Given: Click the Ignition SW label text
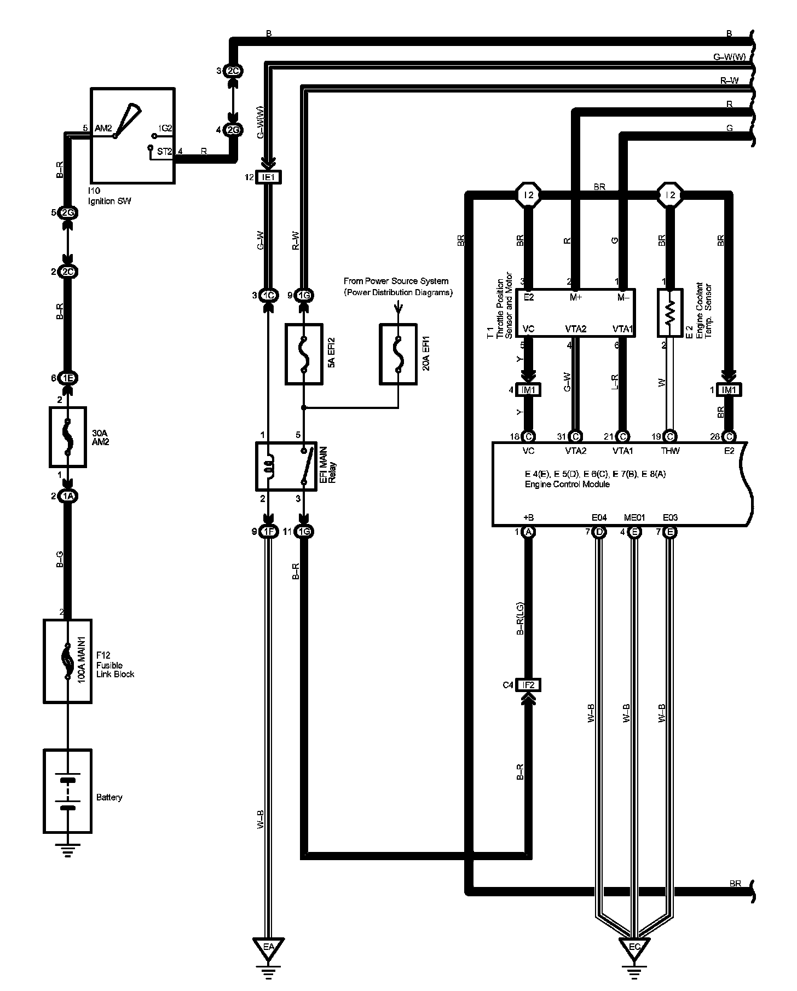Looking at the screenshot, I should pos(109,201).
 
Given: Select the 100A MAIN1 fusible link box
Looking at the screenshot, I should pos(67,661).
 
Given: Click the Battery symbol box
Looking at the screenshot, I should pos(67,791).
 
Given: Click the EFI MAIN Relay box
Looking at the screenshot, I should pos(286,466).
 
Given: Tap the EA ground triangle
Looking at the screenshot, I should pos(268,948).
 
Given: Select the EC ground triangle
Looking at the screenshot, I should pos(634,948).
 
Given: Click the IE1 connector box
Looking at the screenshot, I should pos(268,178).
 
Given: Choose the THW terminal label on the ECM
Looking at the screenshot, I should pos(670,451).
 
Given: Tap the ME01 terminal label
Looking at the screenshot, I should pos(634,517).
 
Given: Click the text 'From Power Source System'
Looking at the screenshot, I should pos(396,281).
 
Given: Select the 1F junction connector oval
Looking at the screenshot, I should pos(268,532).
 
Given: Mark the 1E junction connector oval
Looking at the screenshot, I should pos(67,378).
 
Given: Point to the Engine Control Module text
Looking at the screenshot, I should pos(567,484).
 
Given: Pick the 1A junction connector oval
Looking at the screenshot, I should pos(67,496).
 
